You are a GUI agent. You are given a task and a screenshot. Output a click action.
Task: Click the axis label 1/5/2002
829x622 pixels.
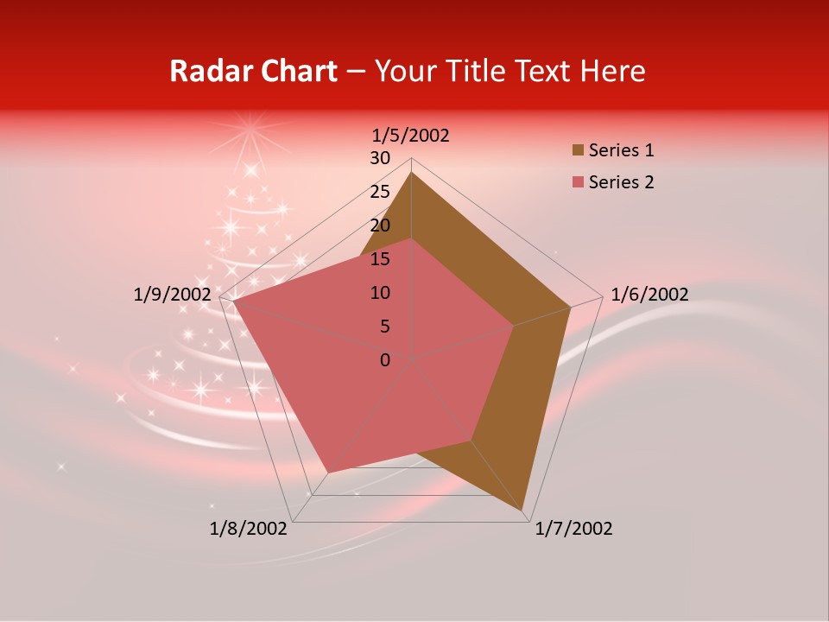click(411, 135)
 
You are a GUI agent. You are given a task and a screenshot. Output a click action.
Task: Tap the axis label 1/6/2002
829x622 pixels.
click(649, 295)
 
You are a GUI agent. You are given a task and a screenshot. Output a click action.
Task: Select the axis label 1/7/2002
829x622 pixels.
click(573, 529)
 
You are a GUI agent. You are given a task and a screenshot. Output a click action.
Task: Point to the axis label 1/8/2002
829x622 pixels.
click(249, 529)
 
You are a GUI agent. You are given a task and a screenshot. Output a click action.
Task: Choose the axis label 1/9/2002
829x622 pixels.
click(173, 295)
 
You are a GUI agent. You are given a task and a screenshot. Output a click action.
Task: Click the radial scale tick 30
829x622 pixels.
click(380, 158)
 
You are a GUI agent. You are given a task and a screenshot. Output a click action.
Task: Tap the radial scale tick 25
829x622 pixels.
click(380, 192)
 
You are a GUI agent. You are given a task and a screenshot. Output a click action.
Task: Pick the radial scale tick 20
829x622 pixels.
click(380, 225)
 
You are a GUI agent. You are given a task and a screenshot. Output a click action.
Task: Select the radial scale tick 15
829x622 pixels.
click(380, 259)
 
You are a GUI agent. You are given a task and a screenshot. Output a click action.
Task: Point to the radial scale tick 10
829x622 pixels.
click(380, 293)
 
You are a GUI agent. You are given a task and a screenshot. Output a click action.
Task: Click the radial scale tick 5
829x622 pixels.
click(384, 327)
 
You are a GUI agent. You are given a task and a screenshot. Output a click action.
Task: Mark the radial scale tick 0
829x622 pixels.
click(385, 359)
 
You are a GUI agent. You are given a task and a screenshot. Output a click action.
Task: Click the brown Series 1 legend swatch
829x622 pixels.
click(578, 150)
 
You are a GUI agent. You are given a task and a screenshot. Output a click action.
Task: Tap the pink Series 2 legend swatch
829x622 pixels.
click(578, 182)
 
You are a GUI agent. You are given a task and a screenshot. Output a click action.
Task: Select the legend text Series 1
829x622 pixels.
click(621, 150)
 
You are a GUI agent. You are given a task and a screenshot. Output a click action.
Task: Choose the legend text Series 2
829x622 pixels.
click(621, 182)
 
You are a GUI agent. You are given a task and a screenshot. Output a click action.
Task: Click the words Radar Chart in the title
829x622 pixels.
click(253, 71)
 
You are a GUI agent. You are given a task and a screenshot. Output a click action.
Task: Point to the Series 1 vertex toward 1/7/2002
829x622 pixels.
click(522, 511)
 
